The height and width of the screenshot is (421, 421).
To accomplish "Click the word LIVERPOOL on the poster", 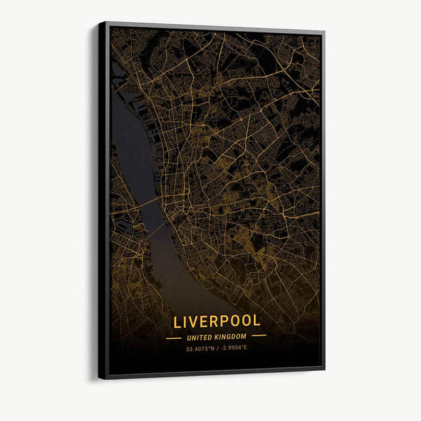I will pyautogui.click(x=217, y=321).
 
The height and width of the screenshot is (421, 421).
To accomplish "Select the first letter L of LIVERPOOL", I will pyautogui.click(x=178, y=321).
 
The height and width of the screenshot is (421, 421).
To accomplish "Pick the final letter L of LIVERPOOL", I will pyautogui.click(x=256, y=321).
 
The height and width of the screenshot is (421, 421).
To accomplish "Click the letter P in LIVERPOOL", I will pyautogui.click(x=220, y=321).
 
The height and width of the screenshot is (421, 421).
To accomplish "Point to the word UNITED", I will pyautogui.click(x=200, y=337).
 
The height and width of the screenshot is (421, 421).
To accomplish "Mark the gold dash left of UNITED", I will pyautogui.click(x=174, y=337).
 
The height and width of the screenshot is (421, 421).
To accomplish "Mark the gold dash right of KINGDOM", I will pyautogui.click(x=259, y=336).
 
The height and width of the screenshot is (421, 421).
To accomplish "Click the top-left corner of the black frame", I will pyautogui.click(x=100, y=23).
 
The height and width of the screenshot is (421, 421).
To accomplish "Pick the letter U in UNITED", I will pyautogui.click(x=189, y=337).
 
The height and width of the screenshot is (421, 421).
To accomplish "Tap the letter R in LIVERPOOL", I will pyautogui.click(x=211, y=321).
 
